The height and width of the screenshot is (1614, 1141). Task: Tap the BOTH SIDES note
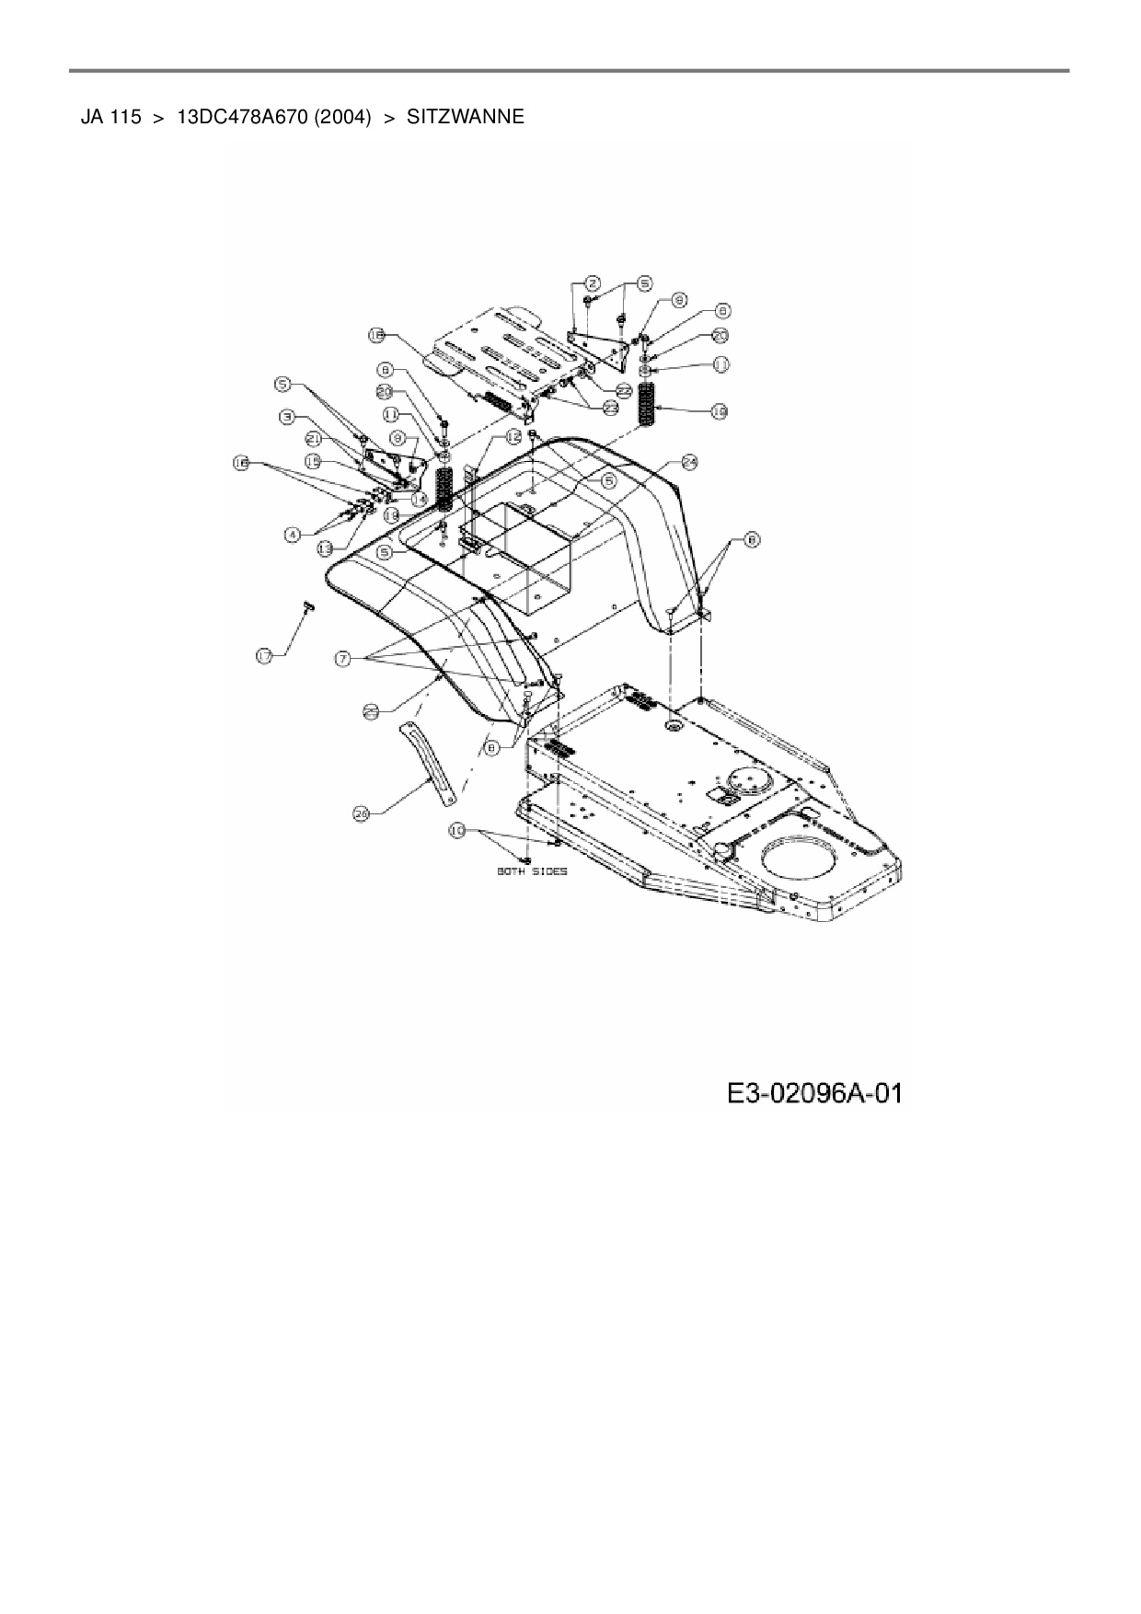[532, 871]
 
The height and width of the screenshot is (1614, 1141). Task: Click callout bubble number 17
[264, 655]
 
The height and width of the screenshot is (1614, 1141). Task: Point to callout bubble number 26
[362, 813]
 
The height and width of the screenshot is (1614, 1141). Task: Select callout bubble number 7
[342, 658]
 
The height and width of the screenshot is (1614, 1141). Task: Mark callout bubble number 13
[325, 548]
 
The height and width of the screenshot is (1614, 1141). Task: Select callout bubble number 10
[456, 830]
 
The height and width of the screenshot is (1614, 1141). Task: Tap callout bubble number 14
[420, 498]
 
